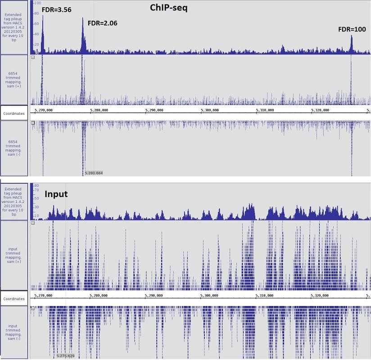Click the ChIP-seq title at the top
point(168,8)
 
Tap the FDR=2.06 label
point(102,23)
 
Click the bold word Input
point(56,194)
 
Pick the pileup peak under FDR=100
point(352,36)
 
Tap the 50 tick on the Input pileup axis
point(36,198)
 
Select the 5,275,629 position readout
point(66,355)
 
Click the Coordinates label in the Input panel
point(14,298)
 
